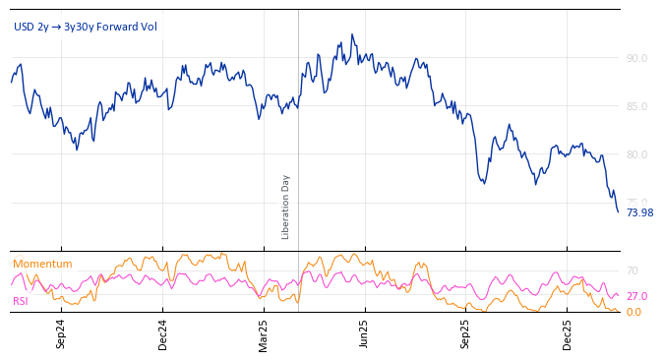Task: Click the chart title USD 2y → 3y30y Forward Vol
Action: pos(85,27)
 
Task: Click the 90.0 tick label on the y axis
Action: pos(636,58)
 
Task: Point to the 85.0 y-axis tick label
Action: pos(636,106)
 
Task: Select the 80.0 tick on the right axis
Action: pos(636,154)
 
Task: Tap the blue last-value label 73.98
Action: pos(639,212)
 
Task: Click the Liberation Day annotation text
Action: pos(286,207)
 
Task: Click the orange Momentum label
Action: pos(42,264)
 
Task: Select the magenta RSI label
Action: pos(20,301)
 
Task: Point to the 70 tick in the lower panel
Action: pos(633,270)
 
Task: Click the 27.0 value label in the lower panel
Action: pos(636,296)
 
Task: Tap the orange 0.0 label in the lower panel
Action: pos(633,312)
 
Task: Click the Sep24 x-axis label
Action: pos(61,333)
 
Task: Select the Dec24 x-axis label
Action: pos(162,333)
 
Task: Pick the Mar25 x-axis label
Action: pos(263,333)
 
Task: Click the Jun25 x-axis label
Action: pos(364,333)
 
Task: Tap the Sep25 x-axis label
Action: pos(465,333)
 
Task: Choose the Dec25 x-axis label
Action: pos(567,333)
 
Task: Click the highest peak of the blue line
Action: pos(352,34)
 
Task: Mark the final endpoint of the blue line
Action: pos(618,211)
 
